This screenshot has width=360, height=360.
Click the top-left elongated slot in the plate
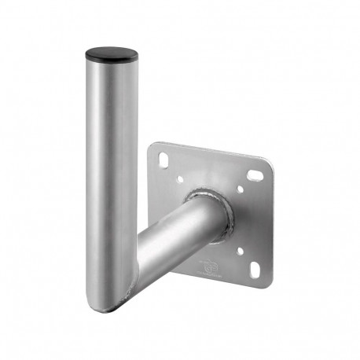[x=163, y=160]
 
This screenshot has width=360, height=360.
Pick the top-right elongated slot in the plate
[x=255, y=174]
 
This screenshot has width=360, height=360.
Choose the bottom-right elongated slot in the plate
[x=255, y=270]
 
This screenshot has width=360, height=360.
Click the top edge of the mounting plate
[x=212, y=152]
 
